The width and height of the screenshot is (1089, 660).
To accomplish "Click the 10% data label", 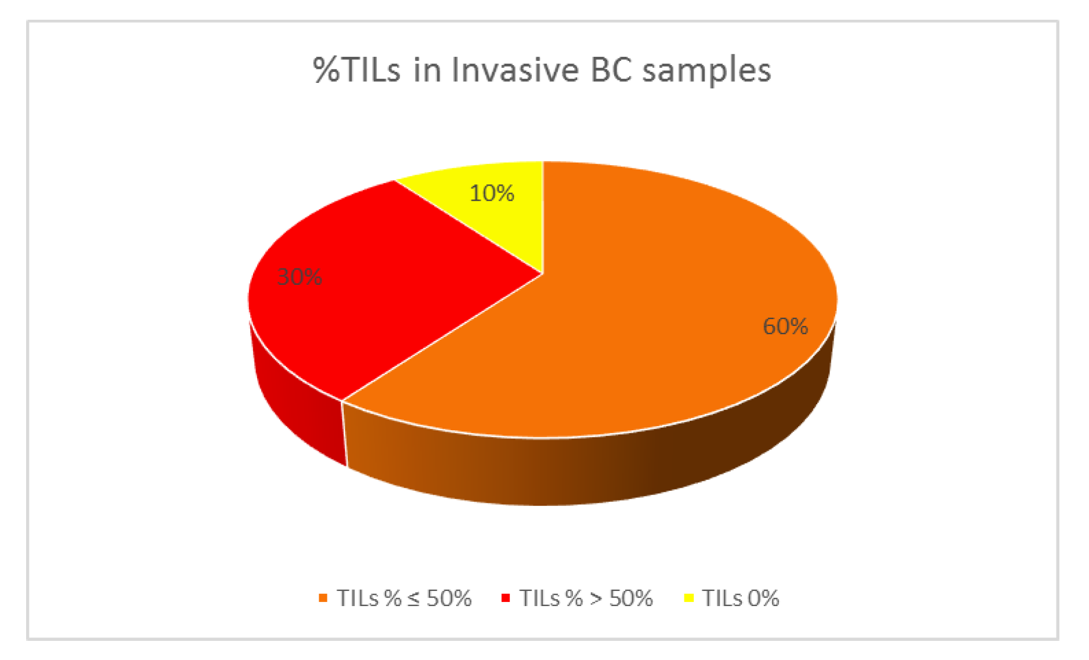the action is click(492, 193).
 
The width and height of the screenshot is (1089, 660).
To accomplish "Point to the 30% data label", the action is click(300, 277).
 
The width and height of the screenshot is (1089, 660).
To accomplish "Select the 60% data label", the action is click(785, 326).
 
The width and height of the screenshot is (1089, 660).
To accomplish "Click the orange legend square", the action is click(323, 597).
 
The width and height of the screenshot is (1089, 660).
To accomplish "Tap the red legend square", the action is click(506, 597).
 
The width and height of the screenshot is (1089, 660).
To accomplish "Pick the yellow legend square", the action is click(689, 597).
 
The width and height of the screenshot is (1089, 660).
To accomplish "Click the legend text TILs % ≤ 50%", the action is click(404, 598).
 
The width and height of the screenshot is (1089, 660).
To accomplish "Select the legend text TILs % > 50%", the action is click(586, 598).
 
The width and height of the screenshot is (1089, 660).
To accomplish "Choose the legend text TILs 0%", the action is click(741, 598).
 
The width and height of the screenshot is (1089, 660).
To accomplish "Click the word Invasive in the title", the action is click(515, 70).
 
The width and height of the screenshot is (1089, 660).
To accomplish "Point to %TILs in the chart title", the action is click(357, 70).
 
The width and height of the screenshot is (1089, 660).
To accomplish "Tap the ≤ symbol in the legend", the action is click(413, 599).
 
